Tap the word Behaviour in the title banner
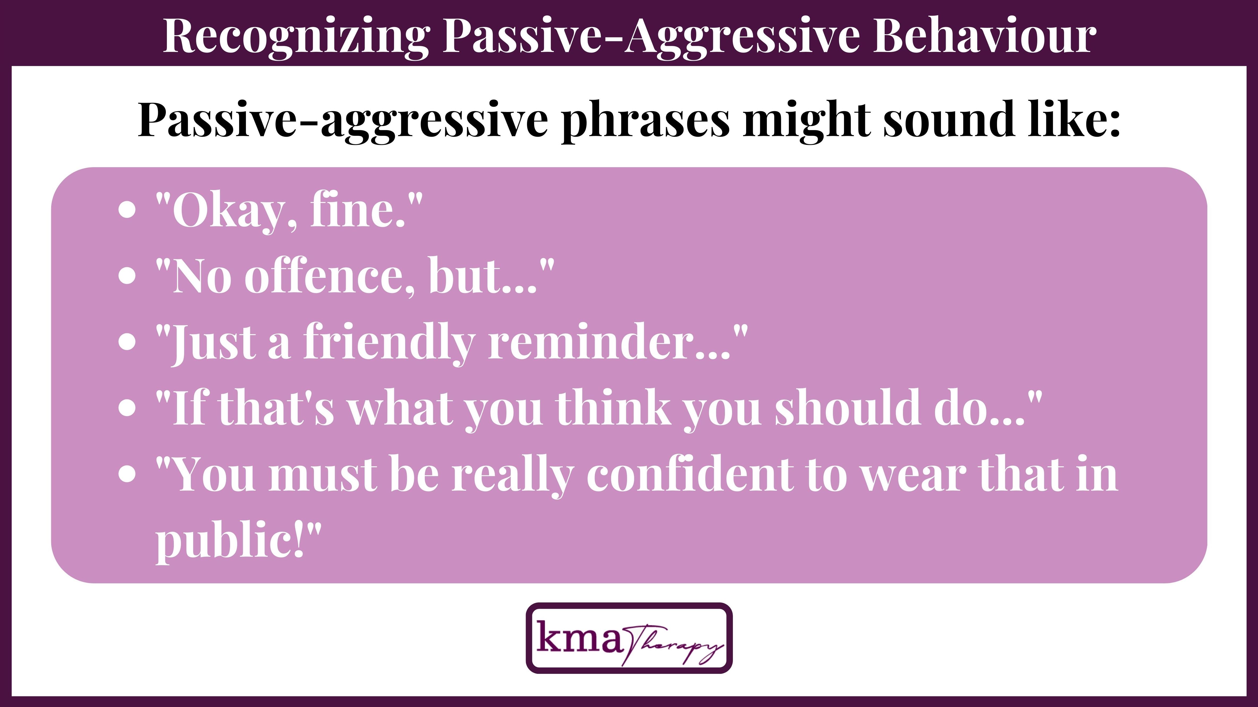coord(984,36)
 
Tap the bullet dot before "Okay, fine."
coord(127,210)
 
